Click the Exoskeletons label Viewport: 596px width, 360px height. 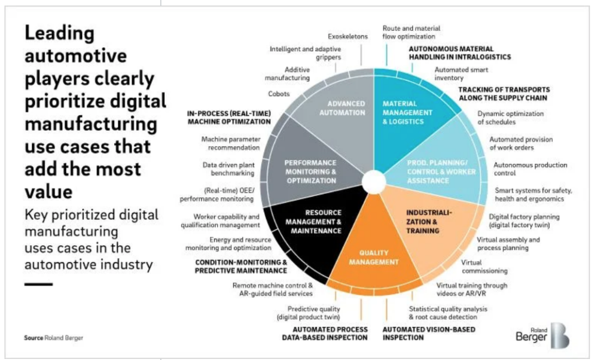348,37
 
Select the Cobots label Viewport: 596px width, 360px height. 279,94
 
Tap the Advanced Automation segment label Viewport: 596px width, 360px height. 342,108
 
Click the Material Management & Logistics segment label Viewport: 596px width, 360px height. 407,112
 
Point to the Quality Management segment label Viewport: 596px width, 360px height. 374,258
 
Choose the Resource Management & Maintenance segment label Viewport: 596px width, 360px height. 314,222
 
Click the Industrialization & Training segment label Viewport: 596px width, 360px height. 429,222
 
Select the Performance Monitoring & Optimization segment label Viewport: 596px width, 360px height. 311,172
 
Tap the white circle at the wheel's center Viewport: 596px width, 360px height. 374,182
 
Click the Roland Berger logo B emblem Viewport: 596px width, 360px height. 560,336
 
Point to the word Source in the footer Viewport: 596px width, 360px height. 33,337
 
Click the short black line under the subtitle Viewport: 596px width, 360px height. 38,284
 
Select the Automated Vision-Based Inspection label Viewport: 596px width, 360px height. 429,333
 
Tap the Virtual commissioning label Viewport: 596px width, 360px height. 485,266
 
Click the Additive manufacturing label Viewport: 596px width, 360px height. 288,74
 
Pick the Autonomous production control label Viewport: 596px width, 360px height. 530,169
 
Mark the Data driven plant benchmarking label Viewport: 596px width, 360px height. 228,169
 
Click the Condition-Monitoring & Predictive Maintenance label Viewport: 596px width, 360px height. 241,266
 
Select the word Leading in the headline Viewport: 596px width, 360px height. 60,34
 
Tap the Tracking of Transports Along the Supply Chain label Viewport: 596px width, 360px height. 504,94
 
